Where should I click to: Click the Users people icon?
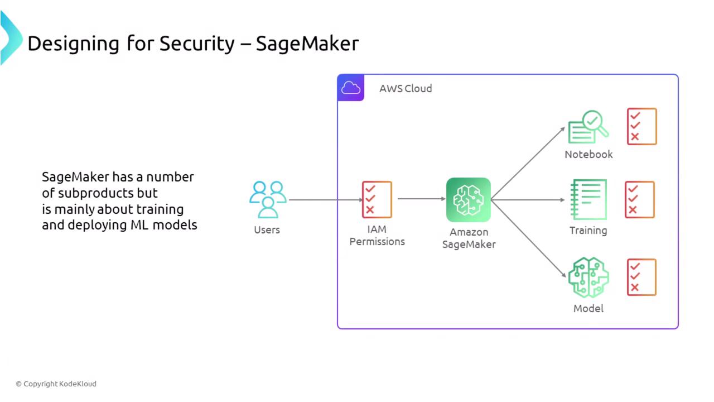(268, 199)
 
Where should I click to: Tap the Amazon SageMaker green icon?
(469, 200)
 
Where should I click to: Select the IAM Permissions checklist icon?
(377, 199)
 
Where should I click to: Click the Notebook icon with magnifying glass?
(588, 127)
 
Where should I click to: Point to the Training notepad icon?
(588, 199)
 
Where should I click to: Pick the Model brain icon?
(588, 277)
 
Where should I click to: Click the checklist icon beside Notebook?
(642, 127)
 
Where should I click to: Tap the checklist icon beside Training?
(639, 199)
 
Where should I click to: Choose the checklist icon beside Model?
(641, 277)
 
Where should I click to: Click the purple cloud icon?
(351, 88)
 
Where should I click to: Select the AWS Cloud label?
(406, 88)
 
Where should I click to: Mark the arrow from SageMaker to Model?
(528, 238)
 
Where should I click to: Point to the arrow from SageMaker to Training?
(528, 199)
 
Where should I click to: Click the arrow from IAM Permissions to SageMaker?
(421, 199)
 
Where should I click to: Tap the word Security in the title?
(197, 43)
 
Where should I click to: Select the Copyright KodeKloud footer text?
(56, 384)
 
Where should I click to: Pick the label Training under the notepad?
(588, 230)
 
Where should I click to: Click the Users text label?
(267, 229)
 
